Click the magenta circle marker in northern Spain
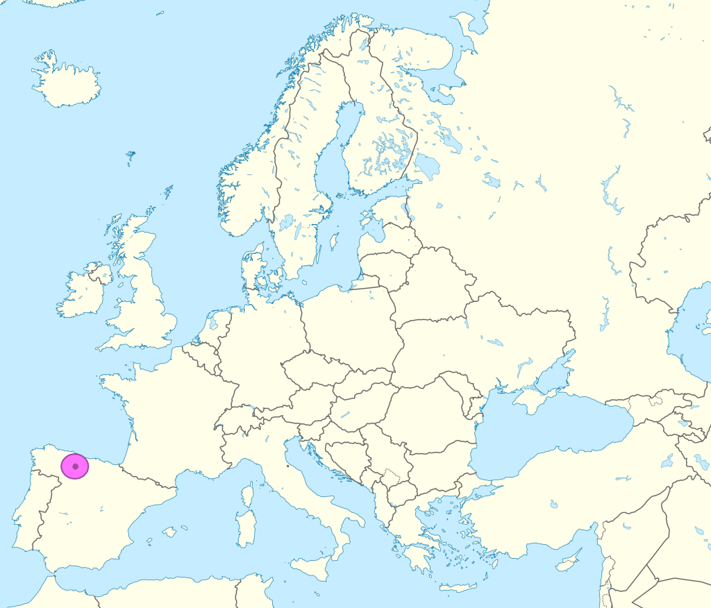tap(74, 466)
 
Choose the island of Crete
tap(459, 587)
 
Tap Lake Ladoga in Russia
tap(428, 167)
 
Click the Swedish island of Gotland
tap(334, 241)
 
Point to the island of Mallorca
tap(169, 532)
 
